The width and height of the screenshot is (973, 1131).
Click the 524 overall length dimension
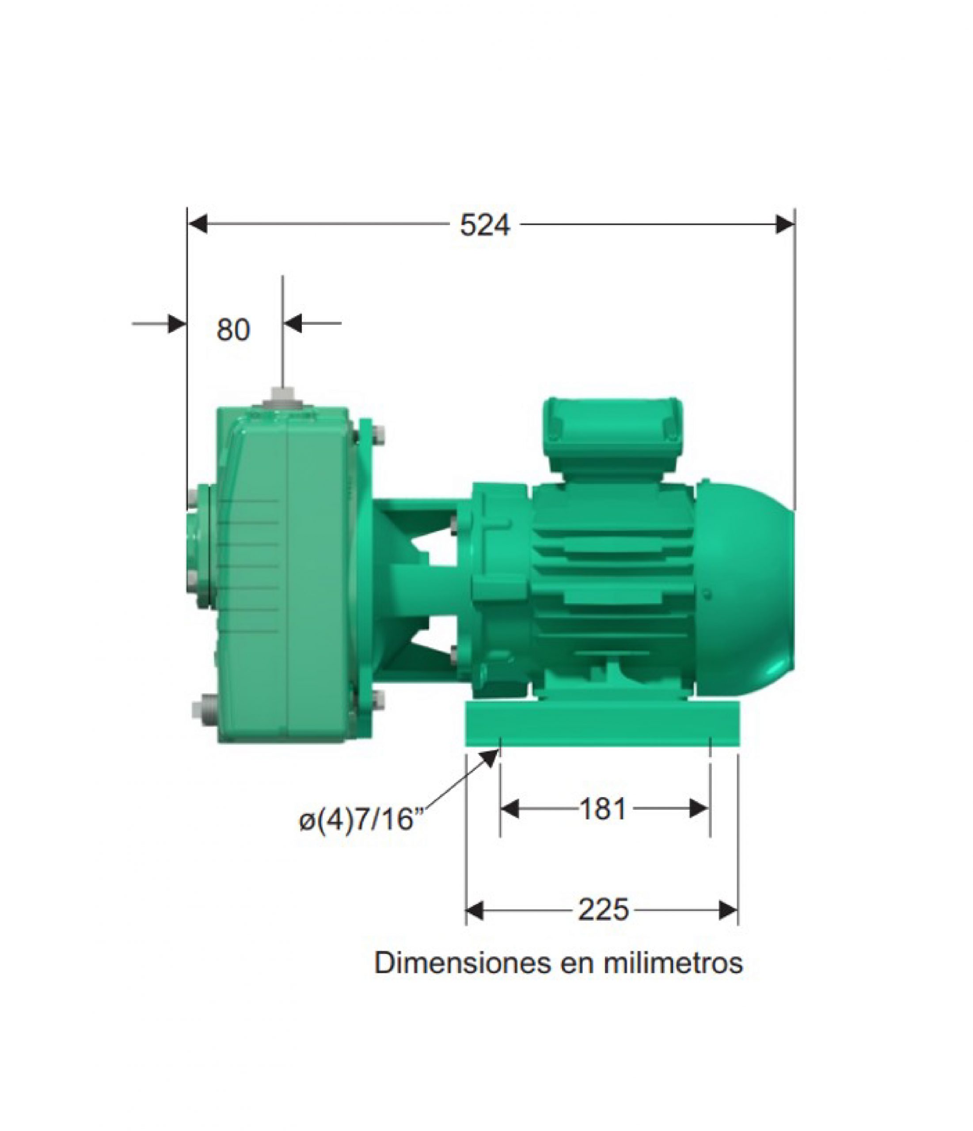pos(485,225)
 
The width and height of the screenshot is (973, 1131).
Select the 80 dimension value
pos(233,330)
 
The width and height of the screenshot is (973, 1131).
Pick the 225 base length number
pos(603,910)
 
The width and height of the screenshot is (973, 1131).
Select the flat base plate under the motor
pos(602,724)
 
